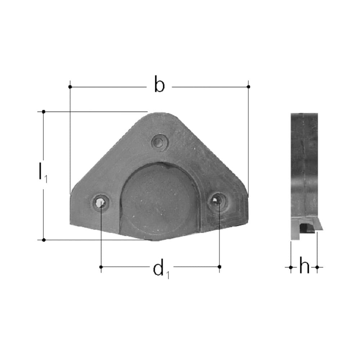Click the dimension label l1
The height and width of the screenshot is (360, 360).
pyautogui.click(x=42, y=172)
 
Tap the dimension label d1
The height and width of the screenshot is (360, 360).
pyautogui.click(x=161, y=269)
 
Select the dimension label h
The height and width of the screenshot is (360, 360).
pyautogui.click(x=304, y=267)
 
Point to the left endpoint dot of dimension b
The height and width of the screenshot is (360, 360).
pyautogui.click(x=70, y=87)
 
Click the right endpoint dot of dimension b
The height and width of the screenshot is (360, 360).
pyautogui.click(x=248, y=87)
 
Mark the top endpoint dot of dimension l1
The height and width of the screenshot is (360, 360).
pyautogui.click(x=44, y=112)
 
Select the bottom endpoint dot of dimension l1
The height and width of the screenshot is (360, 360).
pyautogui.click(x=44, y=240)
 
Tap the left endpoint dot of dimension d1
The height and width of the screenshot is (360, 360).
pyautogui.click(x=101, y=267)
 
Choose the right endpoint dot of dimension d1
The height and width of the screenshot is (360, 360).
pyautogui.click(x=220, y=266)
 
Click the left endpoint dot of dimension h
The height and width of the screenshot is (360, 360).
pyautogui.click(x=291, y=267)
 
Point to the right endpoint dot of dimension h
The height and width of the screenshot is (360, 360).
pyautogui.click(x=317, y=267)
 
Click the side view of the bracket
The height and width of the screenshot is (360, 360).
pyautogui.click(x=304, y=173)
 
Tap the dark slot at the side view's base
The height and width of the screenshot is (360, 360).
pyautogui.click(x=307, y=228)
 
